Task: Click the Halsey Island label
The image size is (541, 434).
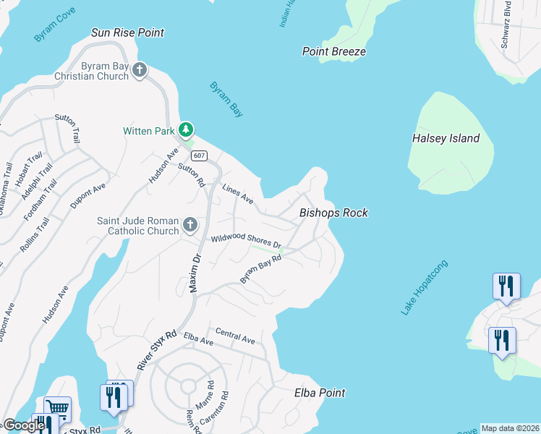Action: (446, 138)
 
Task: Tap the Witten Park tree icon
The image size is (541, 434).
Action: (187, 129)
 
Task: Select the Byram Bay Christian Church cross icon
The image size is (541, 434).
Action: (140, 70)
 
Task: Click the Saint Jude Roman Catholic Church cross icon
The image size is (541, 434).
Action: (189, 224)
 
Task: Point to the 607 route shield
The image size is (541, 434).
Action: (200, 156)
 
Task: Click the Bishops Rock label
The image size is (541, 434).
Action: (333, 213)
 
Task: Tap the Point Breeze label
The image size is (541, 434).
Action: (333, 51)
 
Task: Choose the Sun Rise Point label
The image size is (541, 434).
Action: (127, 33)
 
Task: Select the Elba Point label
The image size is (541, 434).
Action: (320, 393)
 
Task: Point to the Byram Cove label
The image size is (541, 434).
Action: (54, 28)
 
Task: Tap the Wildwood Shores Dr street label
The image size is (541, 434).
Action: (245, 240)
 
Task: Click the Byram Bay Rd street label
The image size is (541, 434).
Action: (260, 268)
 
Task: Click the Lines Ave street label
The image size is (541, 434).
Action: (238, 194)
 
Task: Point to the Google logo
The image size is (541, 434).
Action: (24, 425)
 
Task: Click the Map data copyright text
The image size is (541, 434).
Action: (509, 428)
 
